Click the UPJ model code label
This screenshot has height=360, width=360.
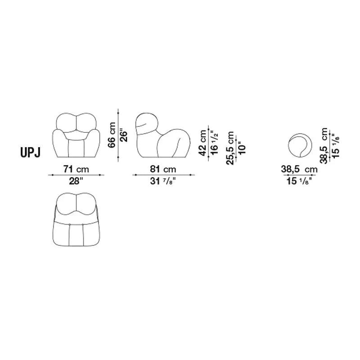tap(30, 153)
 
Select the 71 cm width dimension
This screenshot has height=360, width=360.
tap(76, 169)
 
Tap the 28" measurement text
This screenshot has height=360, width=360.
tap(76, 181)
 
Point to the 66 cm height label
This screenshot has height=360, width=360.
tap(112, 135)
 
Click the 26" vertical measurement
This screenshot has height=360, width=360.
tap(123, 136)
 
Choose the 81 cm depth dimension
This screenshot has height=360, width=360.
tap(163, 169)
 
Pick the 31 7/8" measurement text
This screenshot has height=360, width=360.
tap(163, 181)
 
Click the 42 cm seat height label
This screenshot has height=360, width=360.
tap(203, 143)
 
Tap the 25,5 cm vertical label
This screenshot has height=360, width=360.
tap(230, 148)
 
